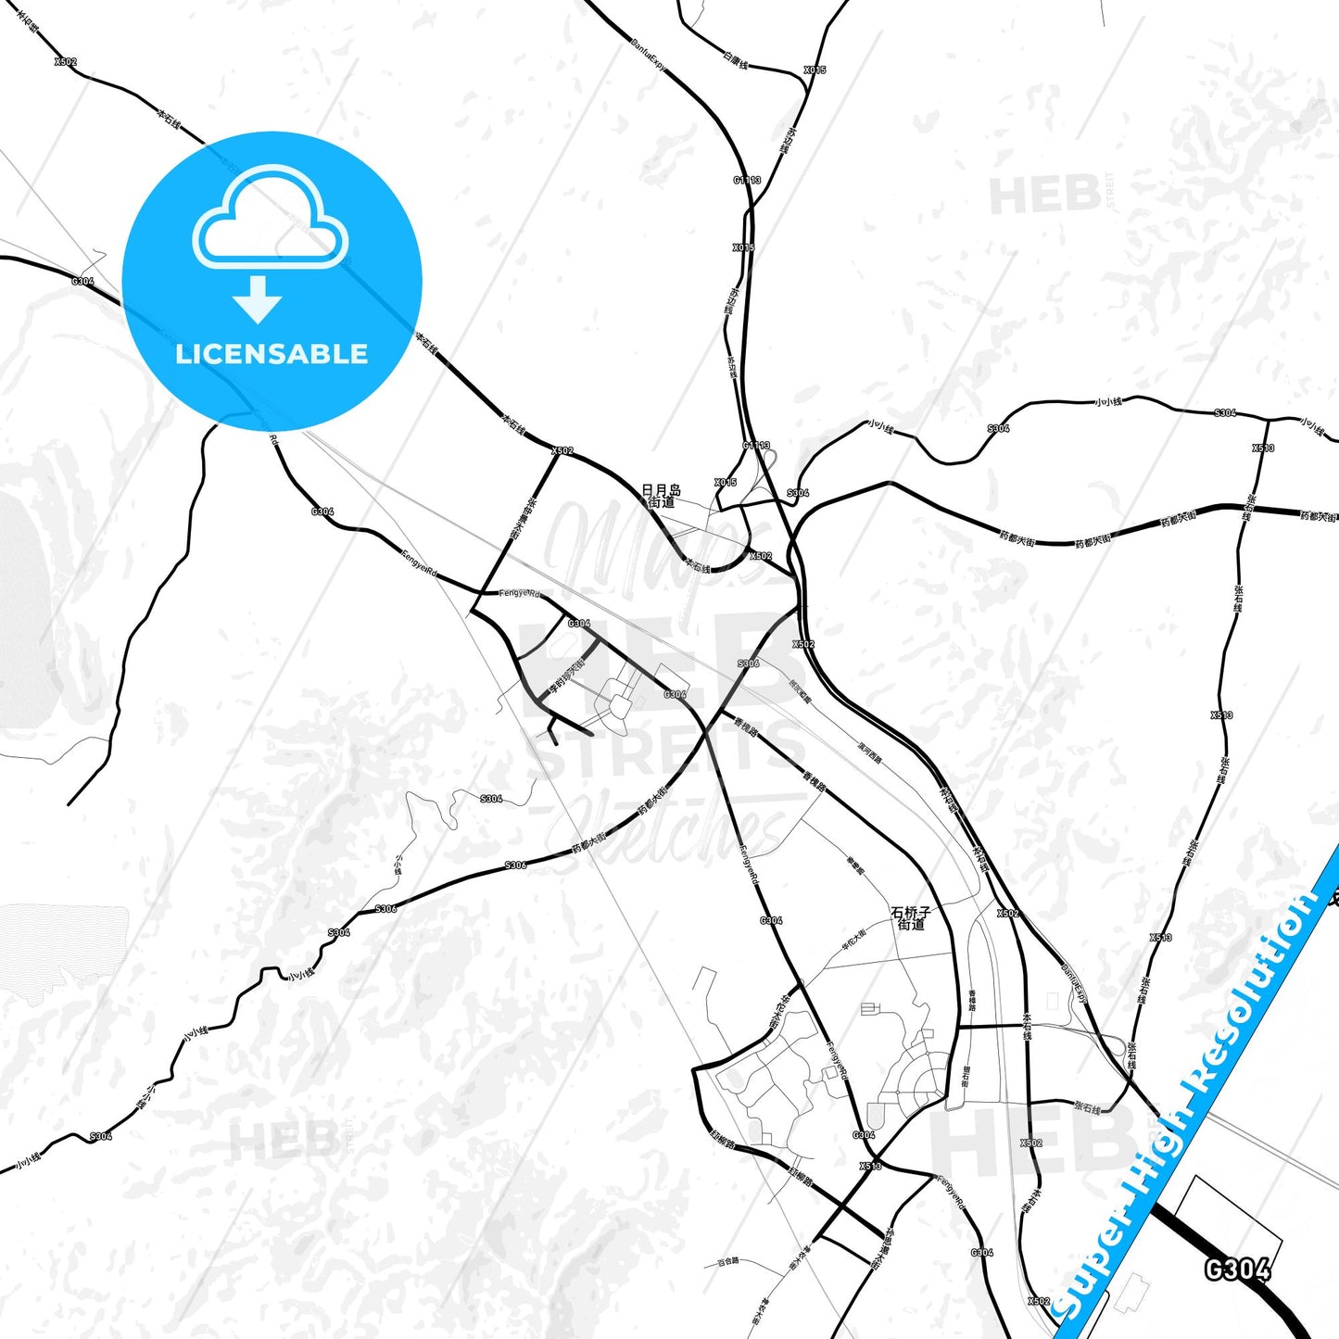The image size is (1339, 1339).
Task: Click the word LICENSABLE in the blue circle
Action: tap(272, 354)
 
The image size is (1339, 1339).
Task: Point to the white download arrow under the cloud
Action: tap(258, 299)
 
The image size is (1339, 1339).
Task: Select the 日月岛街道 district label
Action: tap(661, 496)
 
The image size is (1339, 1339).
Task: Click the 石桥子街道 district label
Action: tap(911, 917)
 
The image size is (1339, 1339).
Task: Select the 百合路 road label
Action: tap(729, 1261)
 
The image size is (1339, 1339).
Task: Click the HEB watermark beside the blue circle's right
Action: tap(1044, 196)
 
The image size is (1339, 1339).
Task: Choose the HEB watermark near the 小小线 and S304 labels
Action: tap(283, 1140)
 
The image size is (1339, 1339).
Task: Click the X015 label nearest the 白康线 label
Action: tap(815, 70)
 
